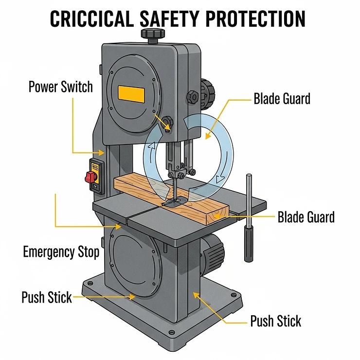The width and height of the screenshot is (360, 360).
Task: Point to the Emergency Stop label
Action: click(61, 252)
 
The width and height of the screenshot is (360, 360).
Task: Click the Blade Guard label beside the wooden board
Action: click(306, 217)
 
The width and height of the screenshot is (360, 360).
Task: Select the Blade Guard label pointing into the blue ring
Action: click(282, 99)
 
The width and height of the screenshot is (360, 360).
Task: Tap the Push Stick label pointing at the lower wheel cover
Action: click(47, 297)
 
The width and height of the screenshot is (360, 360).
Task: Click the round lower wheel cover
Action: click(134, 263)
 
